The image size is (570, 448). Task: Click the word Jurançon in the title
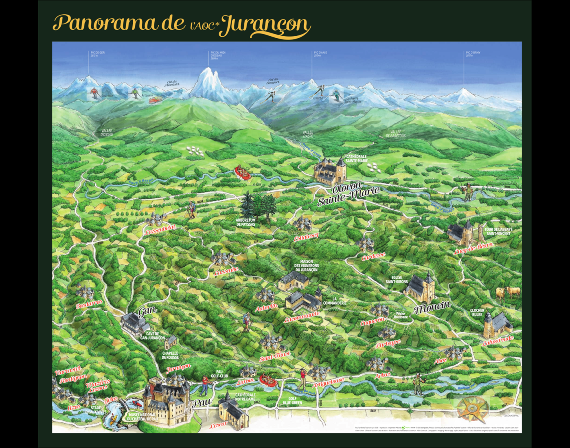click(x=267, y=25)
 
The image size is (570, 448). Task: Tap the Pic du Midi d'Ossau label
click(x=218, y=55)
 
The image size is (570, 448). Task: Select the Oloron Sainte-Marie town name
click(x=348, y=194)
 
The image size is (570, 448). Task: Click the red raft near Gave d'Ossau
click(x=243, y=171)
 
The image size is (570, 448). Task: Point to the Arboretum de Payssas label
click(x=246, y=222)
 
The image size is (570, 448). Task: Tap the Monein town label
click(x=432, y=307)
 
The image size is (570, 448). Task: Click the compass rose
click(x=472, y=408)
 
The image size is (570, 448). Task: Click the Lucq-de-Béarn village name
click(x=474, y=248)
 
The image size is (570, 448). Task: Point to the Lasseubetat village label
click(x=160, y=230)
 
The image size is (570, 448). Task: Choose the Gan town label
click(x=147, y=311)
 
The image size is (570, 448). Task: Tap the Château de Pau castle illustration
click(x=167, y=399)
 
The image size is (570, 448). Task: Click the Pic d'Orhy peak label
click(x=473, y=54)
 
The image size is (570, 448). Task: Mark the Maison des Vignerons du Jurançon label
click(x=306, y=266)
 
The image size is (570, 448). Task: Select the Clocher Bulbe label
click(x=477, y=312)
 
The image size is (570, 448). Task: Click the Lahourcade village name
click(x=498, y=340)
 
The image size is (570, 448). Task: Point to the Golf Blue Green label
click(x=292, y=401)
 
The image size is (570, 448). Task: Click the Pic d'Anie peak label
click(x=320, y=54)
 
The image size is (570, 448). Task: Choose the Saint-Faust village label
click(x=275, y=356)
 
